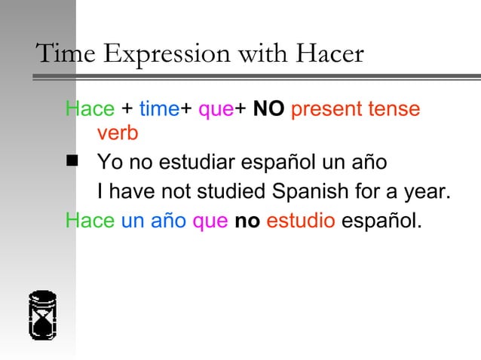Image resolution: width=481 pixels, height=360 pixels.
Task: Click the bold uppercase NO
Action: [268, 109]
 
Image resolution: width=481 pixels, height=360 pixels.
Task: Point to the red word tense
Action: [393, 109]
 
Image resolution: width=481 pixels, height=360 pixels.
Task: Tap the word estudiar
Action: [195, 162]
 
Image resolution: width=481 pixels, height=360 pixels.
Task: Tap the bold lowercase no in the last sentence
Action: [247, 222]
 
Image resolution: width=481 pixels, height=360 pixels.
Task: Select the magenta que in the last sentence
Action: [210, 222]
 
